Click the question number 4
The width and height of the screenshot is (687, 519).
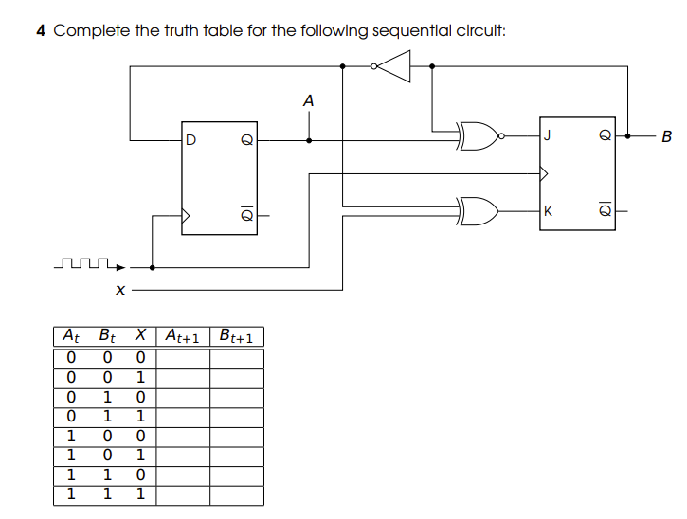(x=41, y=30)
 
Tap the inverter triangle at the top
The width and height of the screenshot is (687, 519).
(x=396, y=66)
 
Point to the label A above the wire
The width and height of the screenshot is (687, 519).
(x=307, y=99)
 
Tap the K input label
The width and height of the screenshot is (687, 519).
(x=547, y=209)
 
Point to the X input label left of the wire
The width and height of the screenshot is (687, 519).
(x=120, y=291)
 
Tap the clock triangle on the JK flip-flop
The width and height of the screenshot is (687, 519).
(x=544, y=173)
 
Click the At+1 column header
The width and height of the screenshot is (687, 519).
(x=184, y=335)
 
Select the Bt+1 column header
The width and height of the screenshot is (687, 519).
(x=236, y=335)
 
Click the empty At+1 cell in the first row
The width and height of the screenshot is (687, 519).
(x=184, y=358)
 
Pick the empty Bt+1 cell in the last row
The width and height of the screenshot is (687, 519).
(x=236, y=495)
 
